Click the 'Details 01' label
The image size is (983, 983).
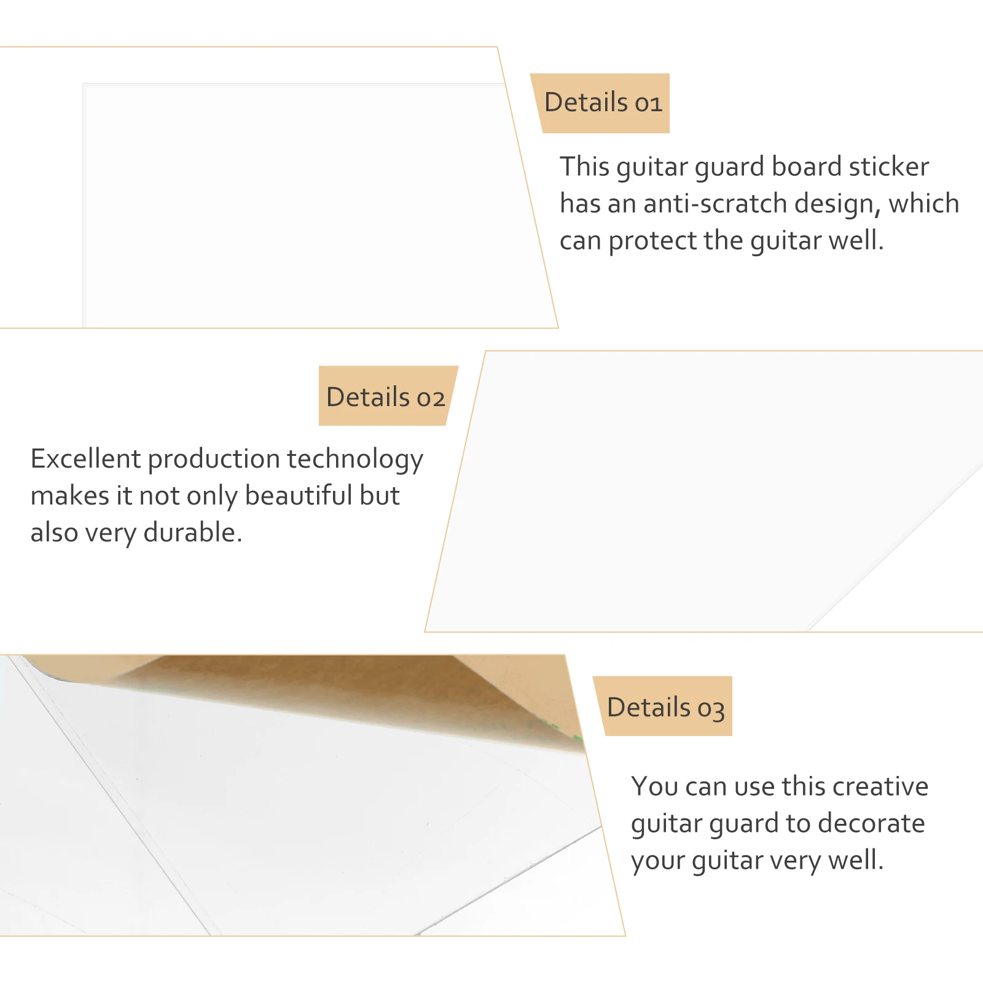click(603, 103)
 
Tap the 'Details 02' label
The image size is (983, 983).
click(385, 398)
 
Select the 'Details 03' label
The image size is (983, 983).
click(666, 708)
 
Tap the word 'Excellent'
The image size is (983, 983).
click(86, 459)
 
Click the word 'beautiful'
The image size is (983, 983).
click(298, 496)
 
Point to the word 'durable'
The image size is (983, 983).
click(193, 533)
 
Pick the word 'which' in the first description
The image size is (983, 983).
click(924, 204)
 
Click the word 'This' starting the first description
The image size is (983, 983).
click(584, 166)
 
